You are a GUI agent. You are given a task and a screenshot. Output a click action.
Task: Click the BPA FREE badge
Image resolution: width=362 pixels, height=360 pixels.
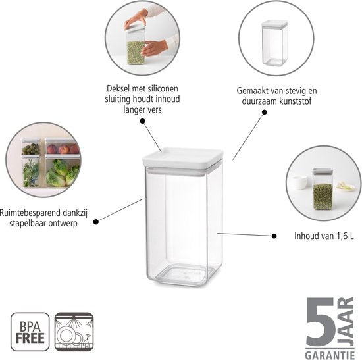(30, 332)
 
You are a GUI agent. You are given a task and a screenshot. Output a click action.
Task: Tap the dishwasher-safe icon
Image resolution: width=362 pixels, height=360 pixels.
(74, 332)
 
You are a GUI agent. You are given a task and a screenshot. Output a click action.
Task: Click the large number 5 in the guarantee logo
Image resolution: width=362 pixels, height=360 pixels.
(321, 322)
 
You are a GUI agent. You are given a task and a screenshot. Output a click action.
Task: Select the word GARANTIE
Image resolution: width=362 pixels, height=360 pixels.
(330, 355)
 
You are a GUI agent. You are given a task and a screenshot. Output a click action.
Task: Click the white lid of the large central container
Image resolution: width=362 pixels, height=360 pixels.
(183, 159)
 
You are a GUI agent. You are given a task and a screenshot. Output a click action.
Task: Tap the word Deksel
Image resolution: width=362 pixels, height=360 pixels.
(118, 88)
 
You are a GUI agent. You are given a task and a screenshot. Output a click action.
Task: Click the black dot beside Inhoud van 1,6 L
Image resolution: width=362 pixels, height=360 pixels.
(274, 236)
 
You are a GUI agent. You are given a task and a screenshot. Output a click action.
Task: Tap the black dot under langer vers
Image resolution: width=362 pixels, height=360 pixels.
(143, 121)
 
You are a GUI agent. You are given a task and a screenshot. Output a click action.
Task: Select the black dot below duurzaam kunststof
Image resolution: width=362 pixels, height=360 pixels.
(265, 113)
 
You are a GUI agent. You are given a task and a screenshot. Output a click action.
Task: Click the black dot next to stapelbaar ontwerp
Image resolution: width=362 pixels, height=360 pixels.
(96, 222)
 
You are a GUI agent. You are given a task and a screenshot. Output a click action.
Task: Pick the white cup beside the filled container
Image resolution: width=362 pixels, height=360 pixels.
(299, 182)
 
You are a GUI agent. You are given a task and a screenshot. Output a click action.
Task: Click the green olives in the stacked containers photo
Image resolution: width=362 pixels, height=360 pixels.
(31, 149)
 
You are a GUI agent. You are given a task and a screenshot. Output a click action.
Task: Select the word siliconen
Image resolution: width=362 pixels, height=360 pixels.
(165, 88)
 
